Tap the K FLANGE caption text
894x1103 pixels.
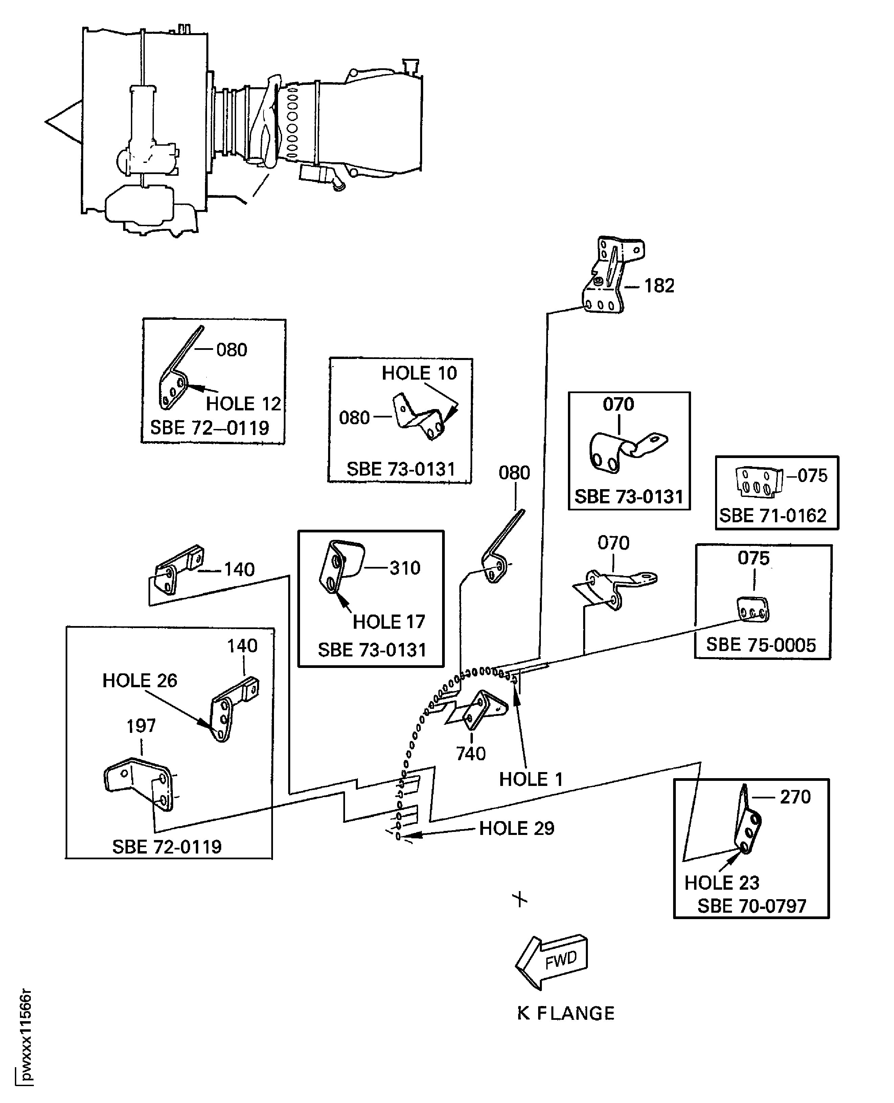[566, 1013]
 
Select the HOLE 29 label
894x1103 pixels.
[516, 828]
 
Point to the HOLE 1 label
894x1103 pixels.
[530, 779]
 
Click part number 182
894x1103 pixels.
[659, 286]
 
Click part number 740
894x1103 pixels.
[471, 753]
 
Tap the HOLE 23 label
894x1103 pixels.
[721, 883]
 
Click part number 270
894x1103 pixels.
[795, 797]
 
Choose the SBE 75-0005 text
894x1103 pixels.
[761, 645]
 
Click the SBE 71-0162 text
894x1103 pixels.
[773, 516]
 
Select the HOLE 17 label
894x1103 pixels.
[389, 622]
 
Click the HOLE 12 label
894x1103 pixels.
[244, 404]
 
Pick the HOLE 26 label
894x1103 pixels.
[140, 680]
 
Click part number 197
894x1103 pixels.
[141, 726]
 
